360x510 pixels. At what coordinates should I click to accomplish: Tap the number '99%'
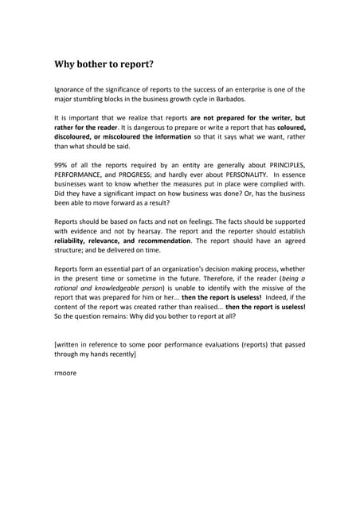[x=62, y=163]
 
